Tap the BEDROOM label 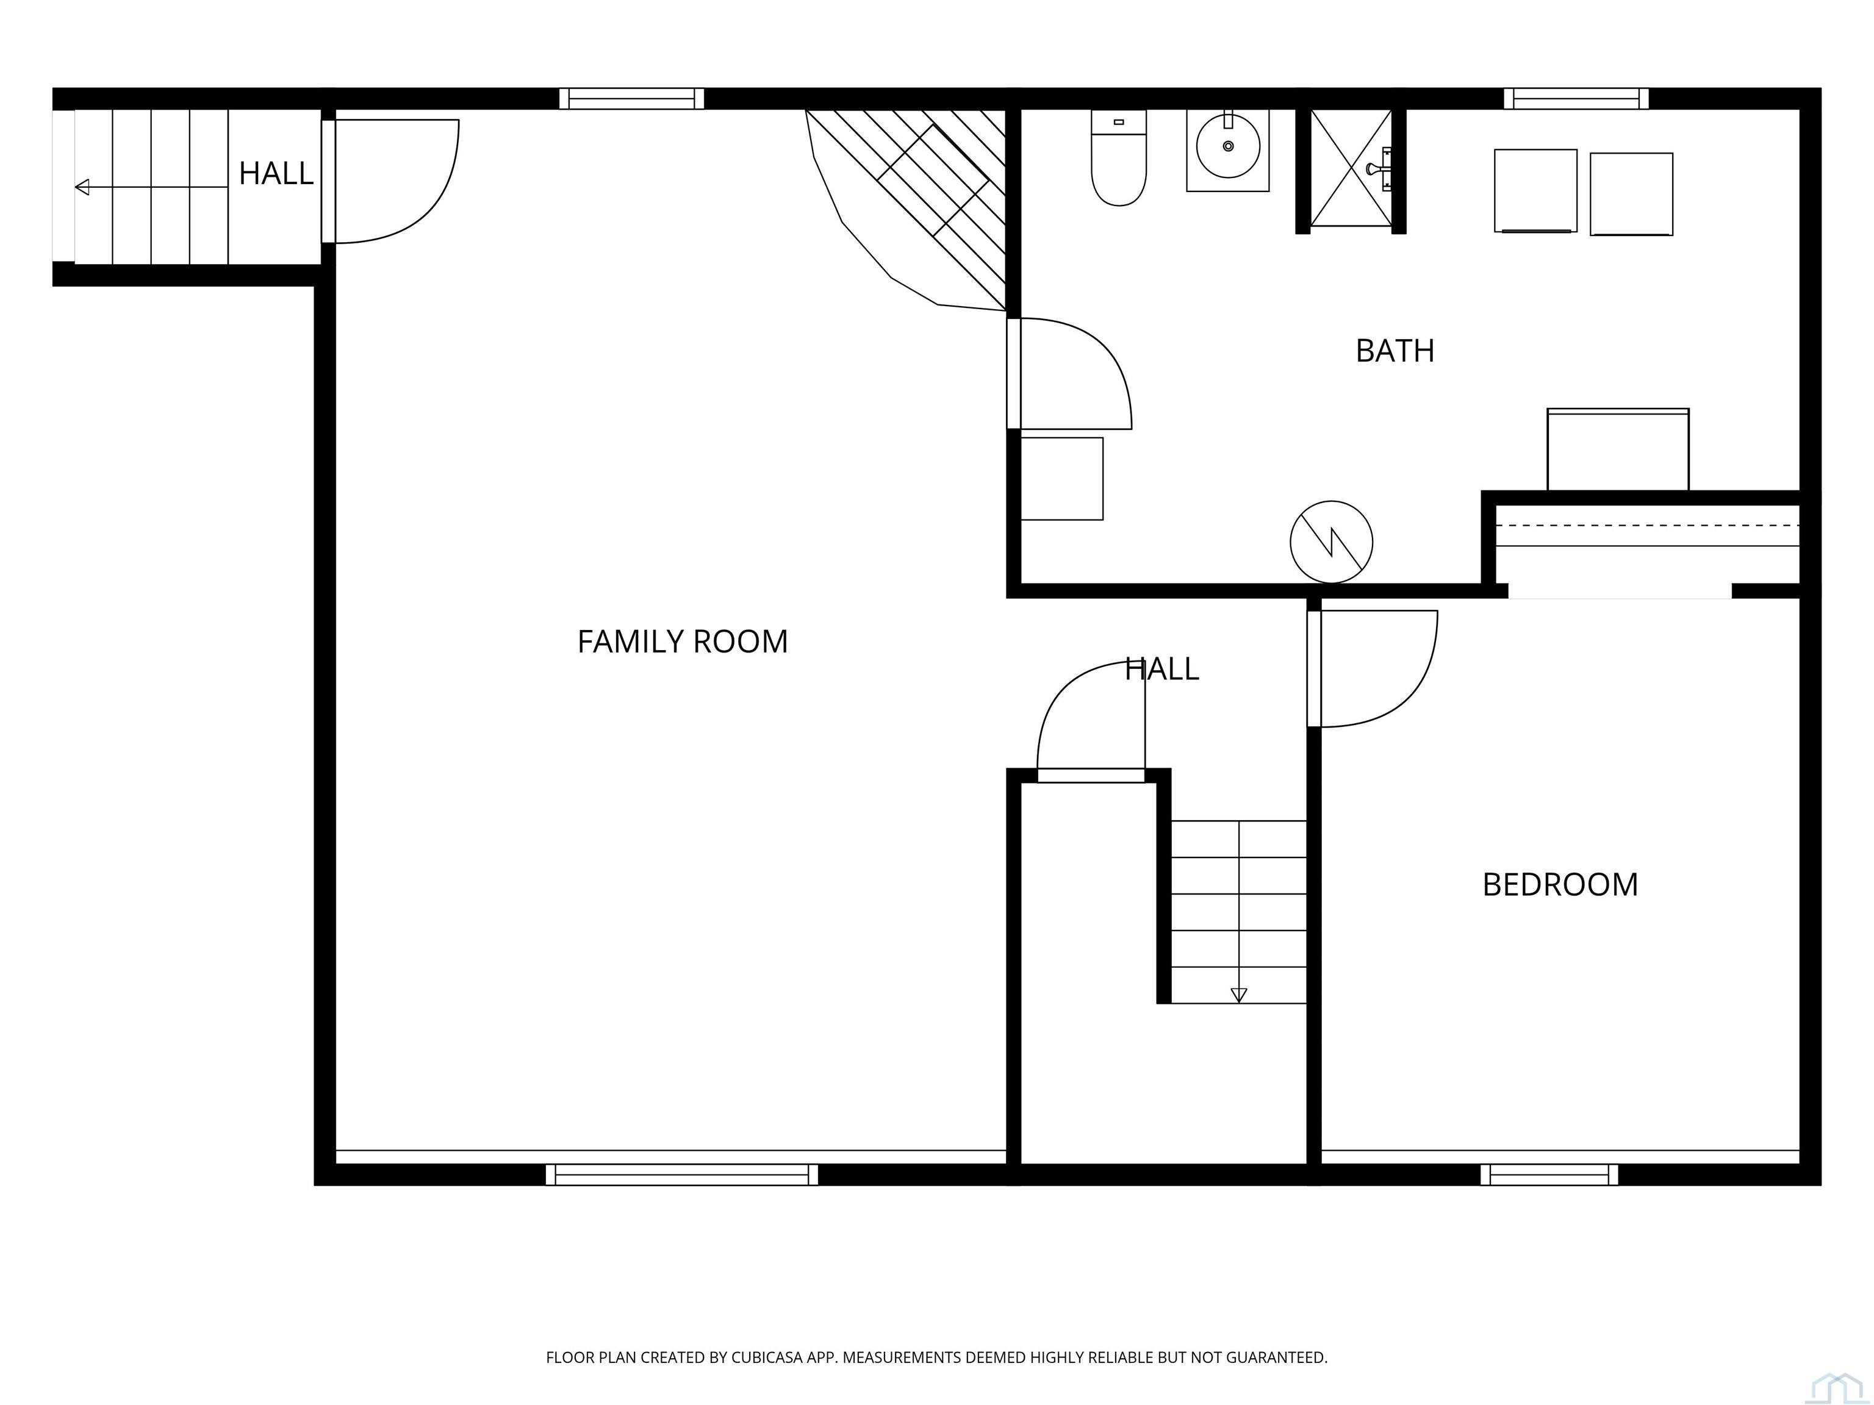point(1560,885)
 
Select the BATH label point(1395,351)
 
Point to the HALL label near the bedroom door point(1161,669)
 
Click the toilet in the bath point(1118,157)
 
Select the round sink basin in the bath point(1227,146)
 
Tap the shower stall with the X point(1351,168)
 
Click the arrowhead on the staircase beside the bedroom point(1238,995)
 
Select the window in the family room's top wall point(631,99)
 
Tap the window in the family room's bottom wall point(682,1174)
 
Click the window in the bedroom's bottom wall point(1549,1174)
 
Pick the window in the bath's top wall point(1576,99)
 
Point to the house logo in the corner point(1837,1386)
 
